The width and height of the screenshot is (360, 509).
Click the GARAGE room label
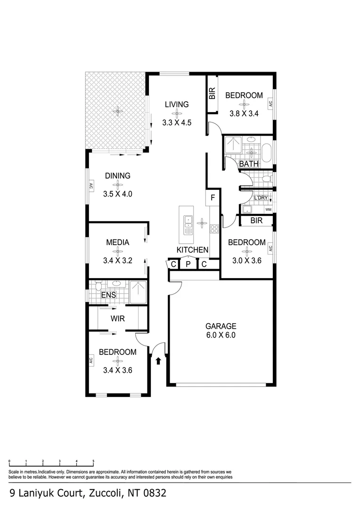[x=221, y=326]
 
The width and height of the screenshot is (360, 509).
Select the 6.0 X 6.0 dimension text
[x=221, y=336]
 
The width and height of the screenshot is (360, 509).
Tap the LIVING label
[x=176, y=105]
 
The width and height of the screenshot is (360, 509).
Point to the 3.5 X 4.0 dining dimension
[x=117, y=194]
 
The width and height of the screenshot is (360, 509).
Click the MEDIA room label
[x=117, y=243]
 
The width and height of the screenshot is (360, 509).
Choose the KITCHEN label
[x=192, y=250]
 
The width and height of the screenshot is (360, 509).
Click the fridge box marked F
[x=213, y=197]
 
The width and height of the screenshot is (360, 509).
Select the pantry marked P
[x=188, y=264]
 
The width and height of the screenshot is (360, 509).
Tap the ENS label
[x=108, y=295]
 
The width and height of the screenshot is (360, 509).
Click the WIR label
[x=117, y=319]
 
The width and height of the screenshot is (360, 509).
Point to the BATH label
[x=249, y=164]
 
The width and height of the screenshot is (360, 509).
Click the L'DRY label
[x=261, y=197]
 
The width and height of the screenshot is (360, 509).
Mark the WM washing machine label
[x=268, y=209]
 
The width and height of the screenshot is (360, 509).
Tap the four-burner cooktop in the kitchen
[x=213, y=230]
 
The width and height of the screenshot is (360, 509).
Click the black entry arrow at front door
[x=158, y=361]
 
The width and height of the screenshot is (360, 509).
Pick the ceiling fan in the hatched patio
[x=117, y=112]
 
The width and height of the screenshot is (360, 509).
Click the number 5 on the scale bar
[x=93, y=461]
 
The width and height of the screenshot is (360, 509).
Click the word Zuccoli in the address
[x=105, y=493]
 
